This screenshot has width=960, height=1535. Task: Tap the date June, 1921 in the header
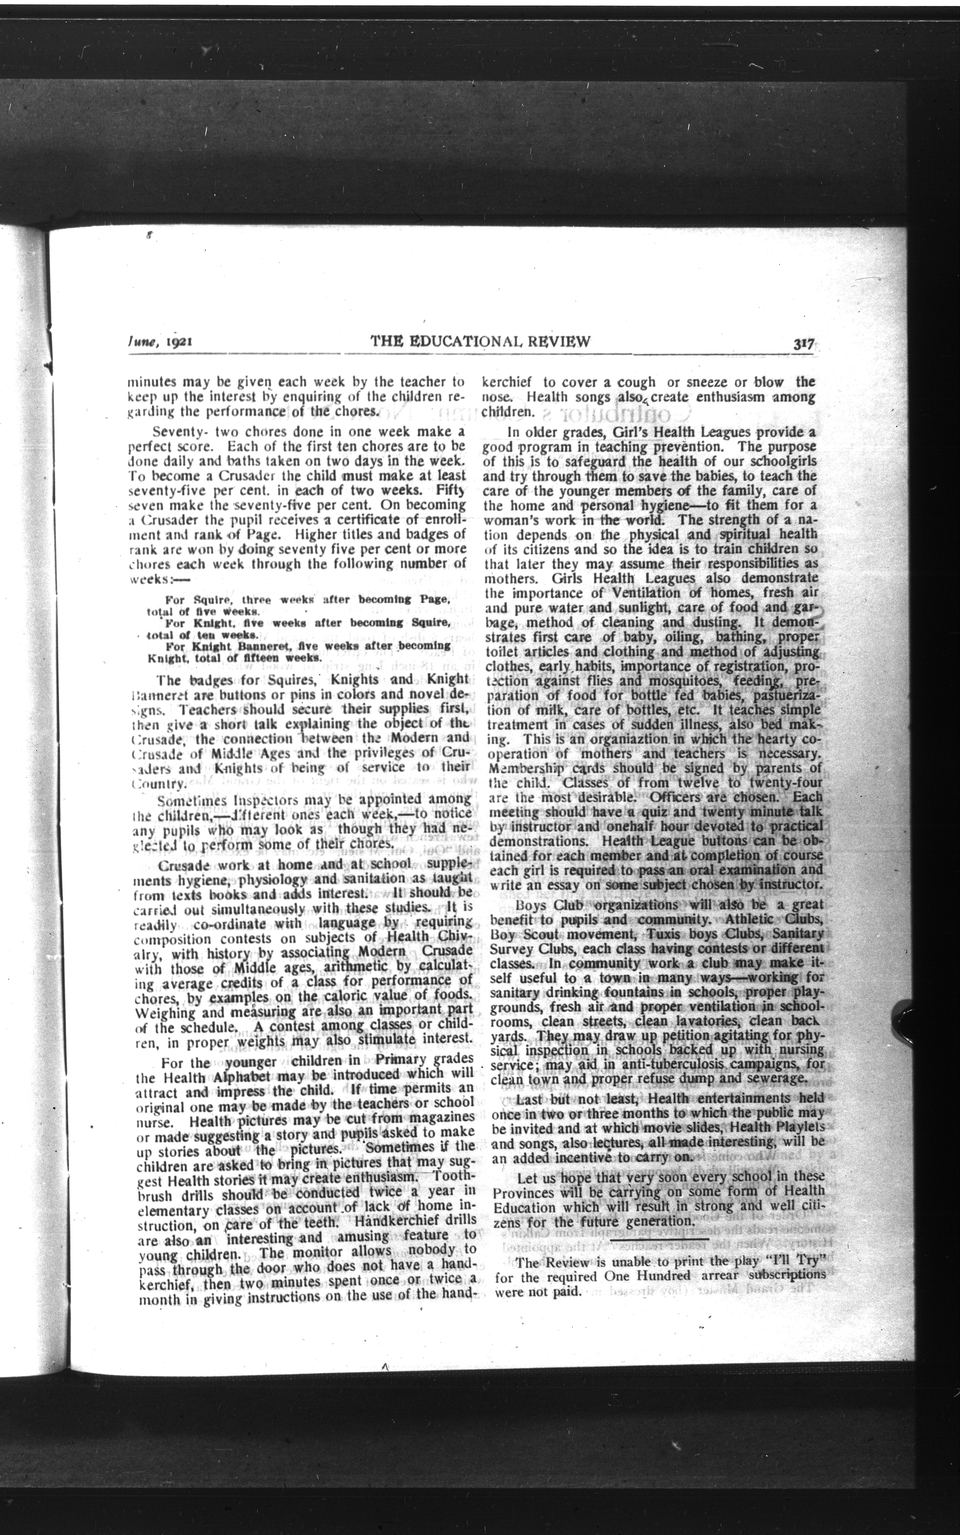pyautogui.click(x=160, y=342)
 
